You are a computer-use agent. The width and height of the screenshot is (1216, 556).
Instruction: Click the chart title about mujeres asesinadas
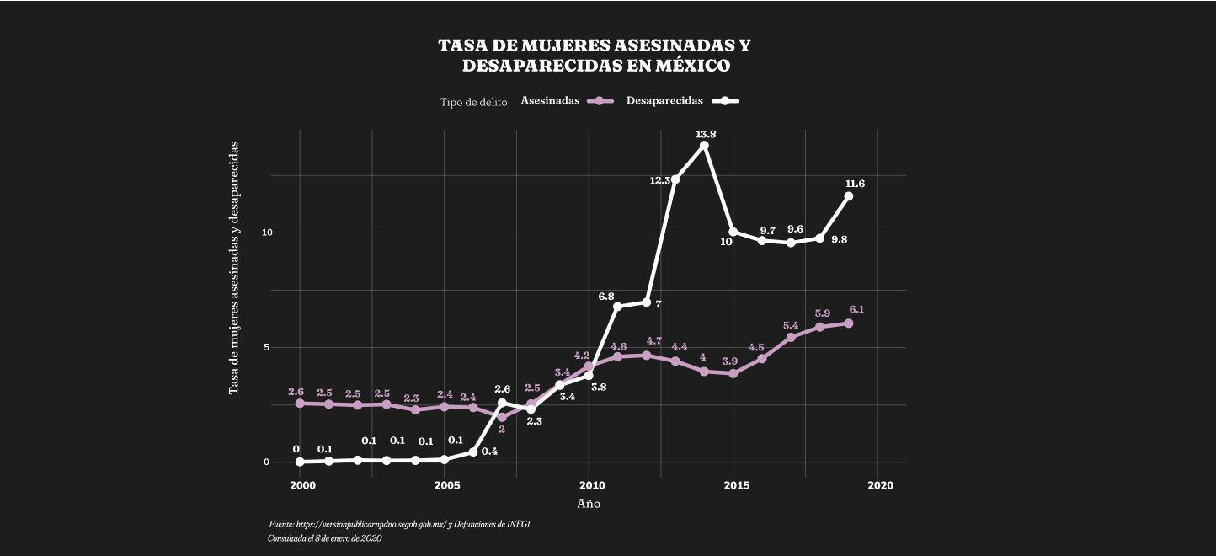(x=595, y=55)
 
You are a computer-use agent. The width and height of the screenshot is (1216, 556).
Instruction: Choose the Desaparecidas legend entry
(x=680, y=101)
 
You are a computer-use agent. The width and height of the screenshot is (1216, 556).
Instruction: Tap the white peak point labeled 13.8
(x=704, y=146)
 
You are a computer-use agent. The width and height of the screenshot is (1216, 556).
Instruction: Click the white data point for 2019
(x=848, y=196)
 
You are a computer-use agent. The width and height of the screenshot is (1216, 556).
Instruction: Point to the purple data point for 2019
(x=848, y=323)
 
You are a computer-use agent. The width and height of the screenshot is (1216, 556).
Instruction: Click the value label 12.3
(x=660, y=180)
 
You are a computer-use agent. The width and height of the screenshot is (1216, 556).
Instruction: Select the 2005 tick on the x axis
(x=446, y=486)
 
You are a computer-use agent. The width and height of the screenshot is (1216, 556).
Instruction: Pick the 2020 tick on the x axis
(x=880, y=486)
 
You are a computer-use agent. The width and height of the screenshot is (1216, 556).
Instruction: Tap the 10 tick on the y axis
(x=265, y=233)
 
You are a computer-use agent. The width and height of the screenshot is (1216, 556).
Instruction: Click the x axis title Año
(x=589, y=504)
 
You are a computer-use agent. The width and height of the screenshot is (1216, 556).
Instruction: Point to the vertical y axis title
(x=234, y=268)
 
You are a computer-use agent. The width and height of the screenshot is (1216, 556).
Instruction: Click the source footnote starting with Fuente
(x=399, y=524)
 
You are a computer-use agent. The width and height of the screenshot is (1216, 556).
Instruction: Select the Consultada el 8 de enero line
(x=325, y=538)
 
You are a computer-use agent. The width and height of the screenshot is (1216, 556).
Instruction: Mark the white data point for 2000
(x=300, y=462)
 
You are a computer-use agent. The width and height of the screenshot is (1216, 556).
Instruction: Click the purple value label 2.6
(x=296, y=393)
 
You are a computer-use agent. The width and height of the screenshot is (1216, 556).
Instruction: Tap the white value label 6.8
(x=605, y=297)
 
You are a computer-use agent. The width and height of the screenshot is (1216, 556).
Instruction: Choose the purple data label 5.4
(x=791, y=326)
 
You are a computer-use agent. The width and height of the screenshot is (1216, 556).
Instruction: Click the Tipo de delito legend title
(x=473, y=102)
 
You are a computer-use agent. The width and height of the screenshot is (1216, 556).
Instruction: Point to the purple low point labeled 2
(x=503, y=416)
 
